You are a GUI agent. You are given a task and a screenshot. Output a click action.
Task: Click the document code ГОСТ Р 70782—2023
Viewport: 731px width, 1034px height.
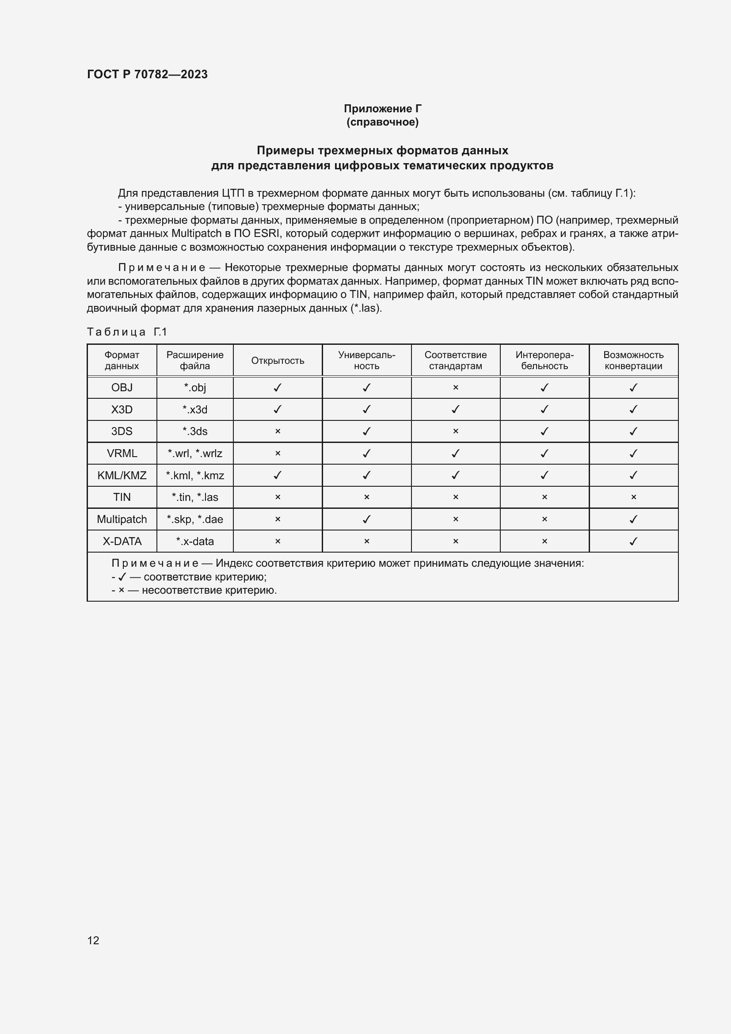click(x=147, y=74)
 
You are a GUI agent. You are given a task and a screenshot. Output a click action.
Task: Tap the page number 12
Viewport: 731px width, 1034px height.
click(x=93, y=940)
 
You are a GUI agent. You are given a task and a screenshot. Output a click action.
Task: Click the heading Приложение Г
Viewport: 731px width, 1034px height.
click(x=382, y=109)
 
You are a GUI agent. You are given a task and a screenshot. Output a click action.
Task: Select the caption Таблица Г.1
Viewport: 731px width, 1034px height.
click(x=126, y=332)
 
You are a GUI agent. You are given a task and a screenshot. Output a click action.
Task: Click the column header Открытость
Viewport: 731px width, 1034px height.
click(x=277, y=361)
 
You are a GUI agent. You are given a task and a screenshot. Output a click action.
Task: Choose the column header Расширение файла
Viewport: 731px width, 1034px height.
click(x=194, y=360)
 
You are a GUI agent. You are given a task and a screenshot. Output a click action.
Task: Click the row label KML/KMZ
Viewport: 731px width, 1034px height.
click(x=122, y=475)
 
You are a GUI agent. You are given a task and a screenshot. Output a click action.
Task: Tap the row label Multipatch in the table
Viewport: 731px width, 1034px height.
click(x=122, y=519)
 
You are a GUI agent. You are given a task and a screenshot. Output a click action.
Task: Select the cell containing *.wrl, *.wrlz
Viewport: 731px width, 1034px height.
click(x=194, y=454)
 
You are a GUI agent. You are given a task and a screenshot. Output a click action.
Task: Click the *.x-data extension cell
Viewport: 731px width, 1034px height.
click(x=194, y=542)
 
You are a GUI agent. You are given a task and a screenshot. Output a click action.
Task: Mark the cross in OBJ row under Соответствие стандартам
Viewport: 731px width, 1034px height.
click(x=455, y=388)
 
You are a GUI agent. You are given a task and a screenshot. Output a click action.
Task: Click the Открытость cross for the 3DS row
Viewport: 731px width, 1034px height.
click(x=277, y=431)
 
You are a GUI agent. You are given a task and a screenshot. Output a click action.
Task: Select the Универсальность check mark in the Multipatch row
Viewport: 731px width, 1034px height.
click(x=366, y=519)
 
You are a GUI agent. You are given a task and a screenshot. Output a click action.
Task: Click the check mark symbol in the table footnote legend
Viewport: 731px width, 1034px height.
click(x=122, y=577)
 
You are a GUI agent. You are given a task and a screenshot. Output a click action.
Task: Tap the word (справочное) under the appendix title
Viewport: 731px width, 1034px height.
click(x=382, y=122)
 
